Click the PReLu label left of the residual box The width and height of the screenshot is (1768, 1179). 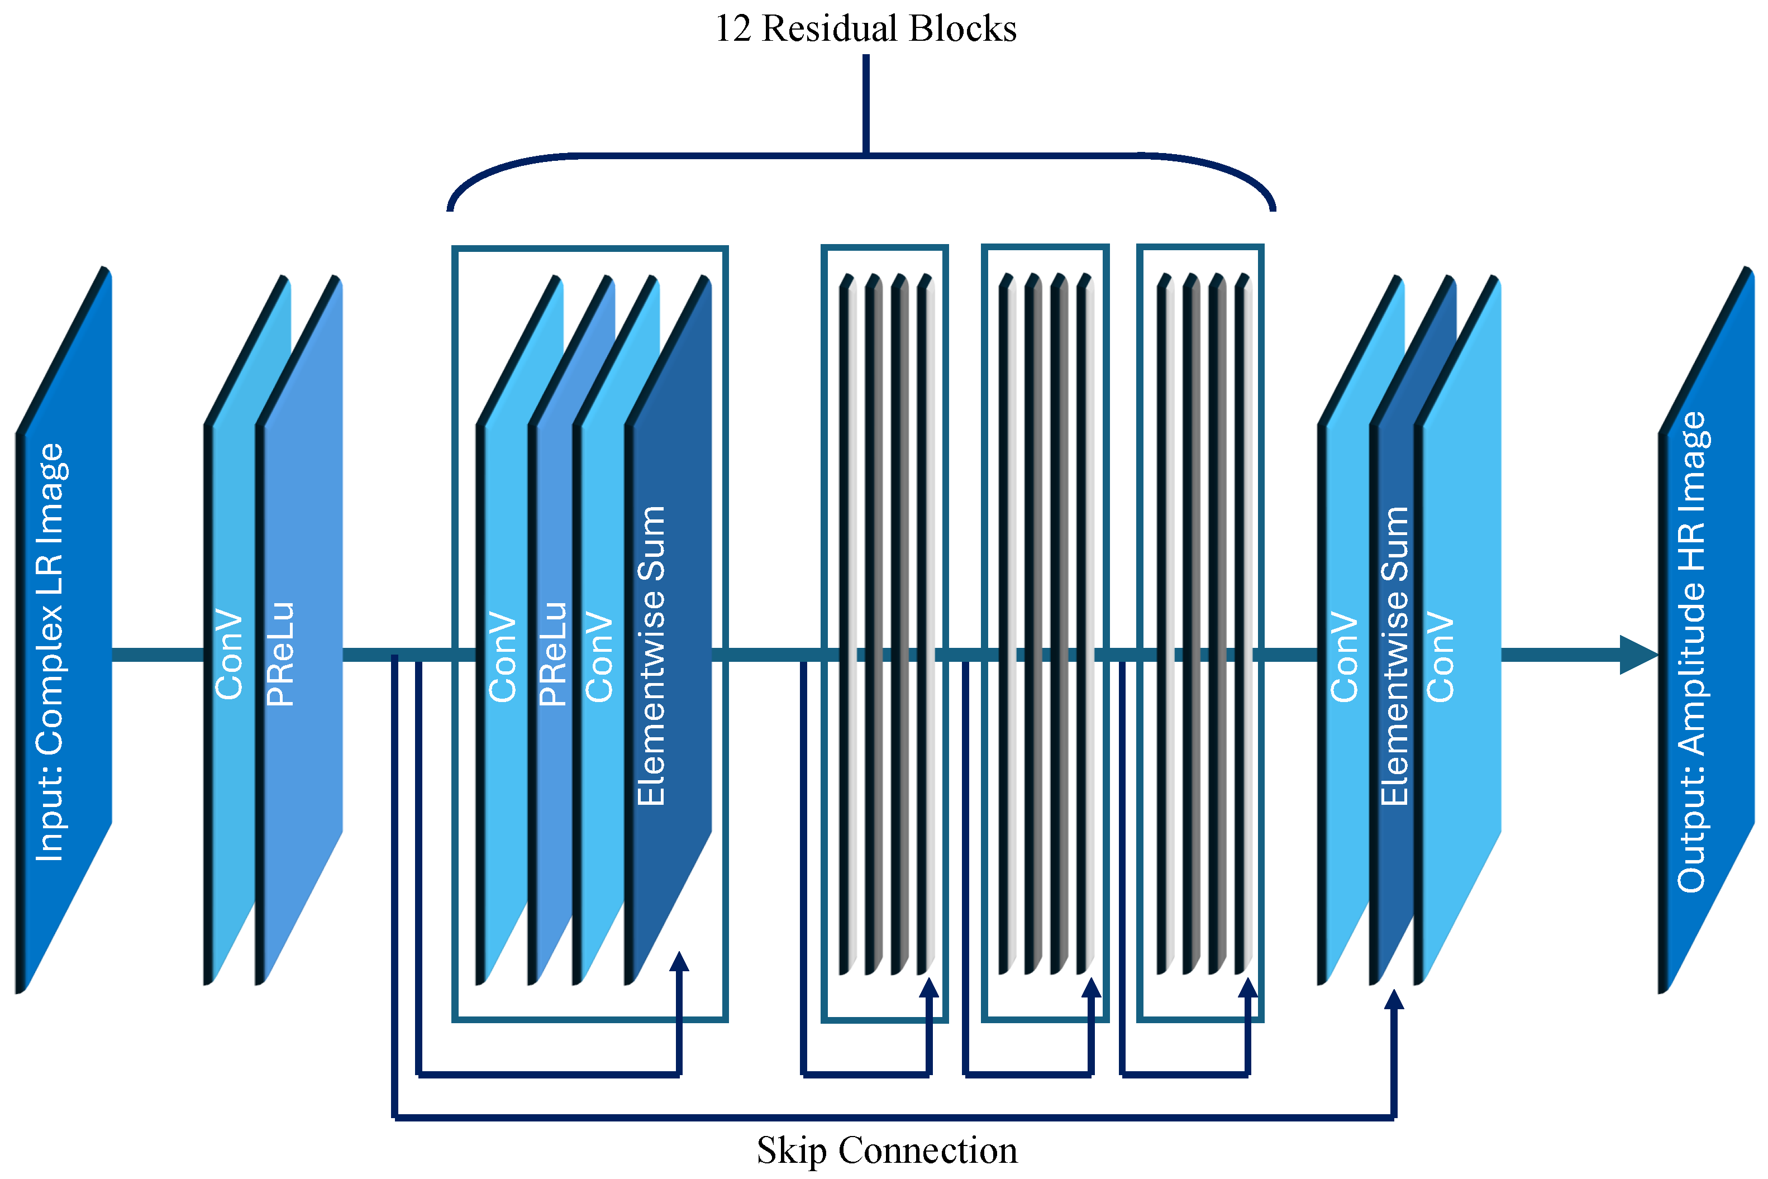point(280,653)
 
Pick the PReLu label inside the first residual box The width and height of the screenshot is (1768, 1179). point(552,653)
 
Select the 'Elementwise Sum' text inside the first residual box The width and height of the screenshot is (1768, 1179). point(651,656)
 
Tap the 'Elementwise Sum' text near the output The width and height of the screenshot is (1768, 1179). point(1395,656)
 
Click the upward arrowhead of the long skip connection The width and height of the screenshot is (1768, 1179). point(1394,1001)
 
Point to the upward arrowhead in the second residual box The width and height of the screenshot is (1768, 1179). point(930,989)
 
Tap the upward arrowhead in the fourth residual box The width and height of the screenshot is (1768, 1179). point(1247,989)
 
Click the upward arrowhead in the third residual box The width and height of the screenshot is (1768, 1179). point(1091,989)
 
